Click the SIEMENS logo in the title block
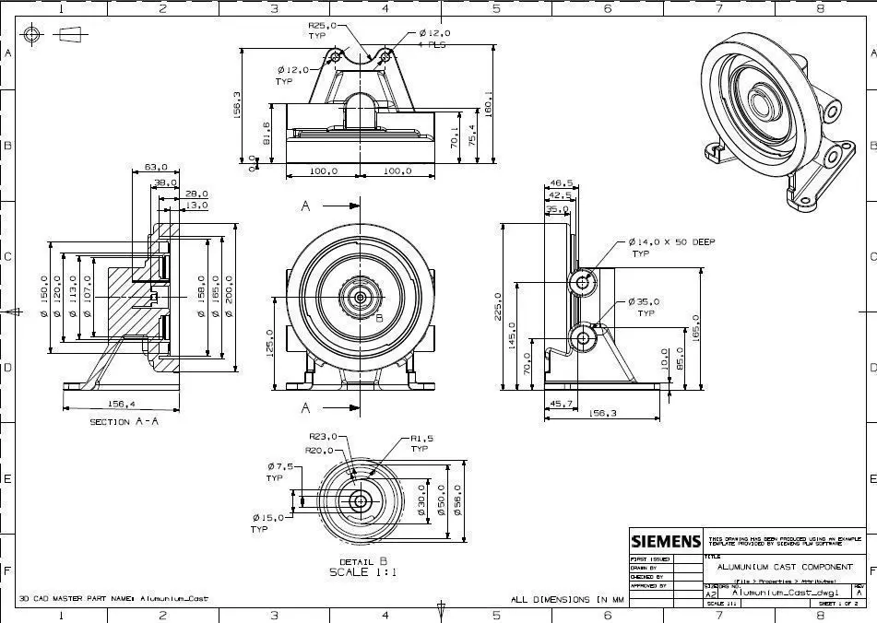pos(666,542)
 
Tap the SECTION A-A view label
pos(124,421)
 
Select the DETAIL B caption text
pos(361,560)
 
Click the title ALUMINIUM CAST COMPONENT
pos(784,567)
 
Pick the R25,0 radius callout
pos(323,27)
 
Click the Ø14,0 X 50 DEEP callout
pos(671,241)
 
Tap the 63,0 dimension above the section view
pos(156,168)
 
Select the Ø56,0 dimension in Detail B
pos(459,500)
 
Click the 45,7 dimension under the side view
pos(560,404)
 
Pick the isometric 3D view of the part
pos(779,115)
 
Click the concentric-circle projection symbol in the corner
pos(32,35)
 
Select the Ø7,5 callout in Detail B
pos(280,467)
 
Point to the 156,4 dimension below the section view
pos(121,403)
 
